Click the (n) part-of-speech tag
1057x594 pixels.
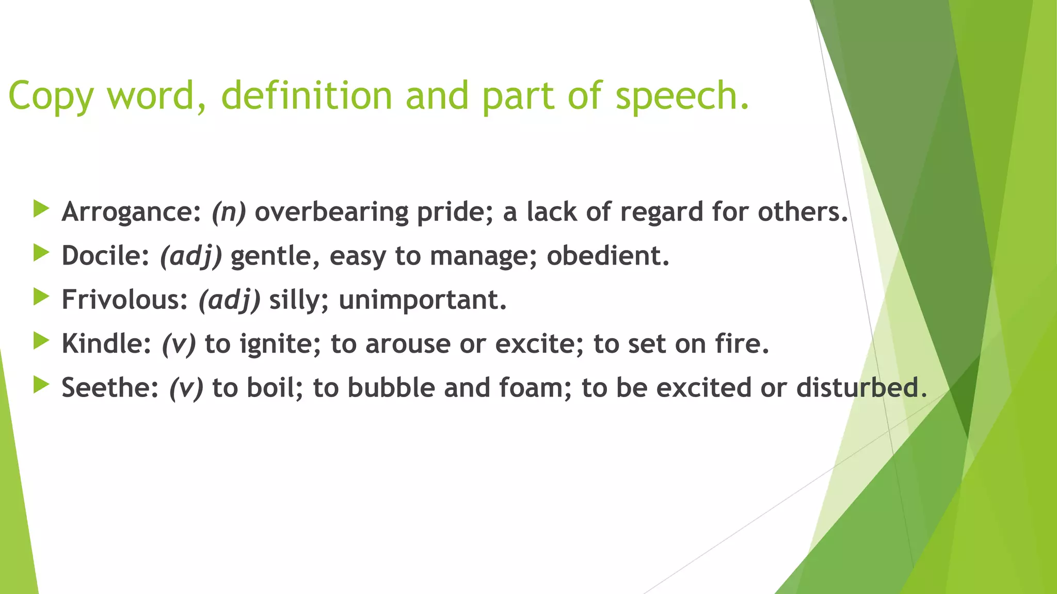(x=229, y=212)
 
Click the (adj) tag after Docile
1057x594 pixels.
(x=191, y=256)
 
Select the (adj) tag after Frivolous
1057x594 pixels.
(x=230, y=300)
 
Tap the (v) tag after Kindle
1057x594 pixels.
(x=179, y=344)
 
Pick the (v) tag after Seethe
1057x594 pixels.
(x=186, y=388)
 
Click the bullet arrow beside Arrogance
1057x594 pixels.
(x=41, y=209)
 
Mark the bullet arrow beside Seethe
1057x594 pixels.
(x=41, y=385)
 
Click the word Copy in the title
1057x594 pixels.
(x=51, y=96)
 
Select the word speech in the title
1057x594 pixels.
(x=681, y=96)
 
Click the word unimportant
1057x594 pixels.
(x=422, y=300)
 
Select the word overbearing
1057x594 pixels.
(x=331, y=212)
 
